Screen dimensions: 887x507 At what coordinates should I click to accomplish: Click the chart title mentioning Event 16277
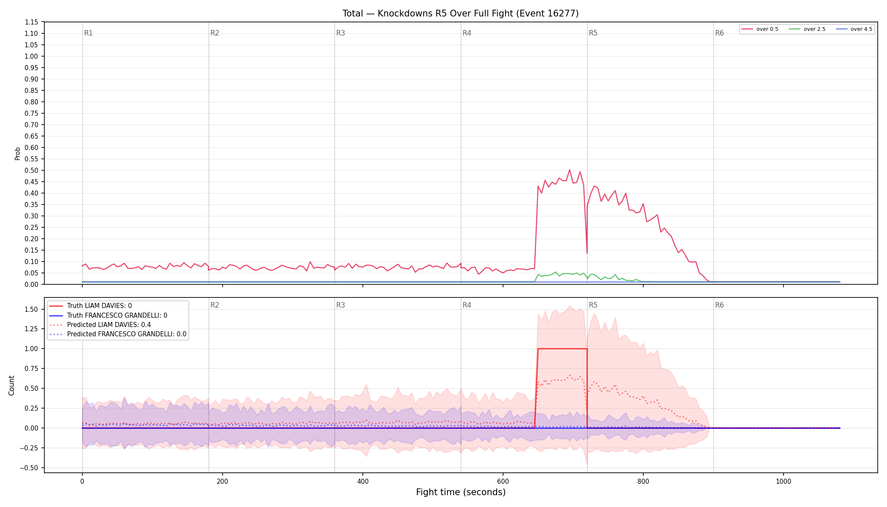(x=460, y=14)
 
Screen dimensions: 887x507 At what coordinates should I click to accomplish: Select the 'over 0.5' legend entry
(x=760, y=29)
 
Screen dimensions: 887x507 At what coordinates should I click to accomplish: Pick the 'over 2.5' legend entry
(x=807, y=29)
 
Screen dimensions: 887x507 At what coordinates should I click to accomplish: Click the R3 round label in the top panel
(x=340, y=33)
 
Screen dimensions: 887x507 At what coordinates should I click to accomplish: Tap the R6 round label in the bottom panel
(x=719, y=305)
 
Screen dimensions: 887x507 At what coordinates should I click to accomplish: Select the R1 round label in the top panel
(x=88, y=33)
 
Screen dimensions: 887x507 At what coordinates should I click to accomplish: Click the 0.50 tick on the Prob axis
(x=32, y=171)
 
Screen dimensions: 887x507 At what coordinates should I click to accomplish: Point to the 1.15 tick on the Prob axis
(x=32, y=22)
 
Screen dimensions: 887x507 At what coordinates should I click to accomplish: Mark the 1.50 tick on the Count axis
(x=32, y=309)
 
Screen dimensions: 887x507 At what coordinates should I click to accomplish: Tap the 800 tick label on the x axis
(x=643, y=481)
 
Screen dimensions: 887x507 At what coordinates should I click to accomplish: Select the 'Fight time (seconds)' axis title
(x=461, y=492)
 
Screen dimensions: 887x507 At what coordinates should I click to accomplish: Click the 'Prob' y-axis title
(x=18, y=153)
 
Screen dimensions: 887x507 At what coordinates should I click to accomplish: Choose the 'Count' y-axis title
(x=11, y=385)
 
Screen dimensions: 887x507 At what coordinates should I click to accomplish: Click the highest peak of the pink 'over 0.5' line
(x=569, y=170)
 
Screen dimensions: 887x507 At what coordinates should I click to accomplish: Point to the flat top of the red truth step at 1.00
(x=562, y=349)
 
